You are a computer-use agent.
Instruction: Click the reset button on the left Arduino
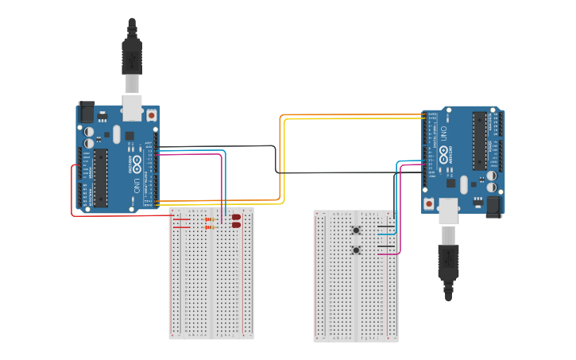pos(151,115)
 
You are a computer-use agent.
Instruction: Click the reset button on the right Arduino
pos(430,203)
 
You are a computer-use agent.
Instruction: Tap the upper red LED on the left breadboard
pos(236,217)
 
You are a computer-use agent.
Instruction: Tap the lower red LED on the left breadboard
pos(236,225)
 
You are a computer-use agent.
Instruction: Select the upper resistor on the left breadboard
pos(210,219)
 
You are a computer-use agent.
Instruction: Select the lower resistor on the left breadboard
pos(210,227)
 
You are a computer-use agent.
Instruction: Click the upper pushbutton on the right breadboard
pos(356,230)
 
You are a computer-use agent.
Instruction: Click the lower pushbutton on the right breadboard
pos(356,250)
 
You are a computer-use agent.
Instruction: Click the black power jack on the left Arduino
pos(86,111)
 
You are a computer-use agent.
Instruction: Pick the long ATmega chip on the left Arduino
pos(100,176)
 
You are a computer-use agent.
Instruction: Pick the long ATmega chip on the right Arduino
pos(479,140)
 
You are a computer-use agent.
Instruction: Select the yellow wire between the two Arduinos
pos(282,159)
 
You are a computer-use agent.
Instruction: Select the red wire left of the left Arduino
pos(72,191)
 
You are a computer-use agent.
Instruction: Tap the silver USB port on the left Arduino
pos(132,106)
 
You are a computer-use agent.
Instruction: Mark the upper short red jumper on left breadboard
pos(181,219)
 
